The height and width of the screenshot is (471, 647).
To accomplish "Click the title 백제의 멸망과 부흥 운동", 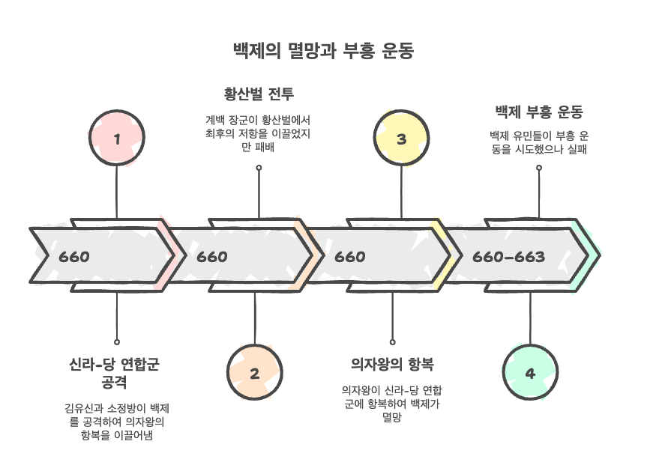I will pyautogui.click(x=323, y=51).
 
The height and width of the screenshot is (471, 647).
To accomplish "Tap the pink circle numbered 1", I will pyautogui.click(x=116, y=139).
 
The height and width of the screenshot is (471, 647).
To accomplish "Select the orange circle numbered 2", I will pyautogui.click(x=254, y=373).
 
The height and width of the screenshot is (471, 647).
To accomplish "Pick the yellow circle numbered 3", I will pyautogui.click(x=401, y=139).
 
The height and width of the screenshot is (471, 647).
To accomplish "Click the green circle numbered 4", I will pyautogui.click(x=530, y=373).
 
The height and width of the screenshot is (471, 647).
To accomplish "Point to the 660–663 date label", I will pyautogui.click(x=508, y=257).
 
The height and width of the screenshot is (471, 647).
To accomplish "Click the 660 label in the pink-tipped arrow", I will pyautogui.click(x=74, y=257).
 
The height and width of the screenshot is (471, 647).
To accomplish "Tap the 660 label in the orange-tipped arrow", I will pyautogui.click(x=212, y=257).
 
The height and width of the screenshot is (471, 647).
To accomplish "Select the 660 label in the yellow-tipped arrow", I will pyautogui.click(x=349, y=257).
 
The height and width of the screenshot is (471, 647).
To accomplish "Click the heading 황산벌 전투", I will pyautogui.click(x=259, y=94).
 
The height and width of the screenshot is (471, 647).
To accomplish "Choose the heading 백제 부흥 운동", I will pyautogui.click(x=538, y=112).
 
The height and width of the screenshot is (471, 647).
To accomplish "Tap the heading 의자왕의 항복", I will pyautogui.click(x=392, y=364).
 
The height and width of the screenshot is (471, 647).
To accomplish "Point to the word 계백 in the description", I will pyautogui.click(x=214, y=120).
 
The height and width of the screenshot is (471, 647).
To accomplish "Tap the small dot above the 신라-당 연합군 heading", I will pyautogui.click(x=117, y=341).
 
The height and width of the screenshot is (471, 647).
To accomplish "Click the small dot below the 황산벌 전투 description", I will pyautogui.click(x=259, y=168).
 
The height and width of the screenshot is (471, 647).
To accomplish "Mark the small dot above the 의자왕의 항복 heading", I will pyautogui.click(x=392, y=341).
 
